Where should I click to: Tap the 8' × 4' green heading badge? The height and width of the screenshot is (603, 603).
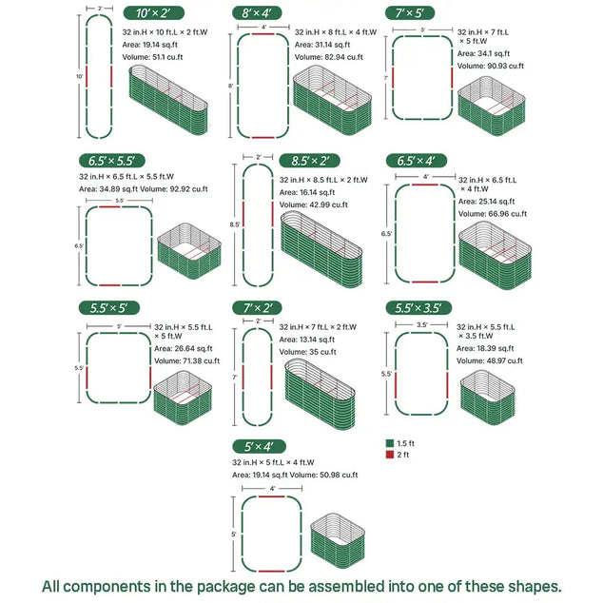coord(258,12)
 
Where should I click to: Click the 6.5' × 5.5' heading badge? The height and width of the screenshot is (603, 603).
coord(111,161)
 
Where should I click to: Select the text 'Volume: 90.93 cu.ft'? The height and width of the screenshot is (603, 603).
coord(489,67)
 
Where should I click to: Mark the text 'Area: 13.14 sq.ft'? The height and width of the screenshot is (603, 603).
coord(306,340)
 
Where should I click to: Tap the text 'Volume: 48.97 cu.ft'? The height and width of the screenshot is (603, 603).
coord(490,361)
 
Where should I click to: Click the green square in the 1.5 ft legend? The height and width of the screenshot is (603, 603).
coord(389,443)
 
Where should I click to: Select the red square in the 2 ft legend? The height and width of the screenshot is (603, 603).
coord(389,456)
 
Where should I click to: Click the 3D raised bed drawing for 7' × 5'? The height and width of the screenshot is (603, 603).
coord(489,104)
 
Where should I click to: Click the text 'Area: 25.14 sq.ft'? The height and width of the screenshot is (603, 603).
coord(486,202)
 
